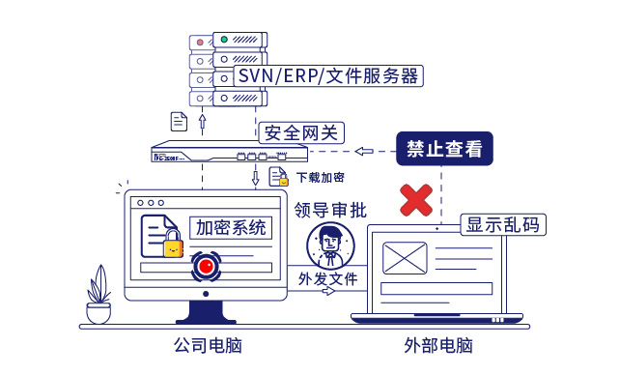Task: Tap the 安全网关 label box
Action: (x=301, y=132)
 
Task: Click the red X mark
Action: (x=416, y=200)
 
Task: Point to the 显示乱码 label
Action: (x=502, y=224)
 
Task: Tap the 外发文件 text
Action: (x=328, y=278)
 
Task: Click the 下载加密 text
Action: (x=321, y=178)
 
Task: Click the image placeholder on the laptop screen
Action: (x=405, y=257)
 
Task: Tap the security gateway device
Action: (x=229, y=153)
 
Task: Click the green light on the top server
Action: (x=223, y=41)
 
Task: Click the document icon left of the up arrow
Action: (x=179, y=121)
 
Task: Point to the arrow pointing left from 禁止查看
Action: (x=365, y=151)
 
